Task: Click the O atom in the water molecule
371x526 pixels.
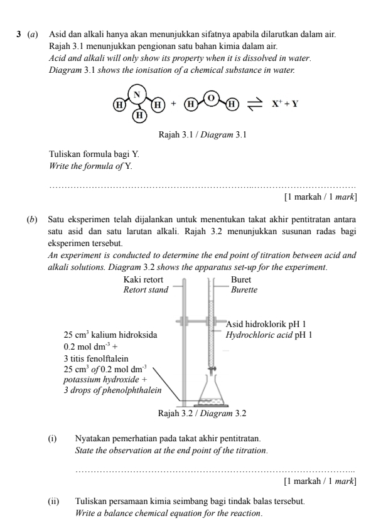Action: click(x=211, y=97)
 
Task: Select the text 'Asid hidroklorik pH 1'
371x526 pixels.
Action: click(x=269, y=324)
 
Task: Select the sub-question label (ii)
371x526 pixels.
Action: click(x=54, y=502)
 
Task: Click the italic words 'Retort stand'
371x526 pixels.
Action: click(x=147, y=290)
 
